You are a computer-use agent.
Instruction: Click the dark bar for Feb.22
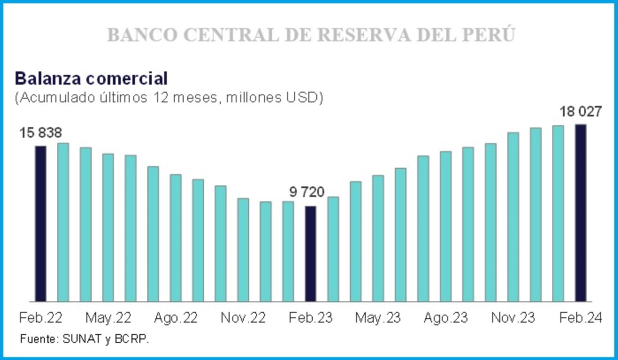point(41,223)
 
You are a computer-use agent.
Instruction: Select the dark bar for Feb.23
point(311,253)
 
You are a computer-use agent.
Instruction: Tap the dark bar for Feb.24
point(581,213)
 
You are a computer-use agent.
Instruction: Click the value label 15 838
point(41,133)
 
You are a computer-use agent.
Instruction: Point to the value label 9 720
point(307,192)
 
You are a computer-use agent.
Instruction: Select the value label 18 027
point(581,112)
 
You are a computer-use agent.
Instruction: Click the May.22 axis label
point(108,318)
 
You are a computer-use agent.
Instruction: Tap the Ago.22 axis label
point(176,318)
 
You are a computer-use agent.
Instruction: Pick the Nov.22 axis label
point(243,318)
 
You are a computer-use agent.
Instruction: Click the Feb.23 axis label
point(311,318)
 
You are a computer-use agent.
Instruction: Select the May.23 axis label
point(378,318)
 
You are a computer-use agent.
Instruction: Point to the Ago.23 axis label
point(445,318)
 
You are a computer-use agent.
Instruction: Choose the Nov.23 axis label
point(513,318)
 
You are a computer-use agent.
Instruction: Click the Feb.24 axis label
point(581,318)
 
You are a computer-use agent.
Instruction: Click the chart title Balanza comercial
point(91,78)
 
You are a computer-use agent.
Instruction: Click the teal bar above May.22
point(108,227)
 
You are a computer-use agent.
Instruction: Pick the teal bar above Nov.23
point(513,217)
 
